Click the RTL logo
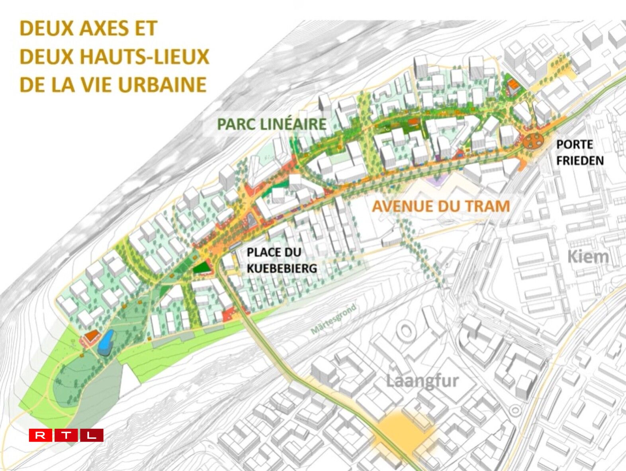point(66,435)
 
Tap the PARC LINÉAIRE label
point(272,124)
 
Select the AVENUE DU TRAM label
point(441,206)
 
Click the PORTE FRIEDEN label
point(579,152)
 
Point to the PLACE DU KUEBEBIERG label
point(282,260)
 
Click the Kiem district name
point(588,257)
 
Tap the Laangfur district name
point(422,381)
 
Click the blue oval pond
point(106,343)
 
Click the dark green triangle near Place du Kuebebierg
point(202,268)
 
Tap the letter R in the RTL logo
point(40,435)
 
